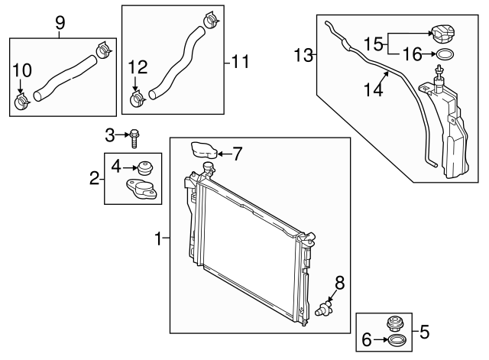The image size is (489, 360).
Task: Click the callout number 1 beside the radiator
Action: [x=159, y=240]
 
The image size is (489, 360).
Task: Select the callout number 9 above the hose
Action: [x=60, y=24]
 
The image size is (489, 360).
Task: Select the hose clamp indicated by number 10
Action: [x=22, y=99]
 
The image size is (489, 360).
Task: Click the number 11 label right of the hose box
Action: [x=241, y=62]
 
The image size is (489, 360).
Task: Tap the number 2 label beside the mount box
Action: [x=94, y=179]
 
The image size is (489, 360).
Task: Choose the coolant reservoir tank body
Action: [x=448, y=138]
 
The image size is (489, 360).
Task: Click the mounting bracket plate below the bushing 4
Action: [x=143, y=188]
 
